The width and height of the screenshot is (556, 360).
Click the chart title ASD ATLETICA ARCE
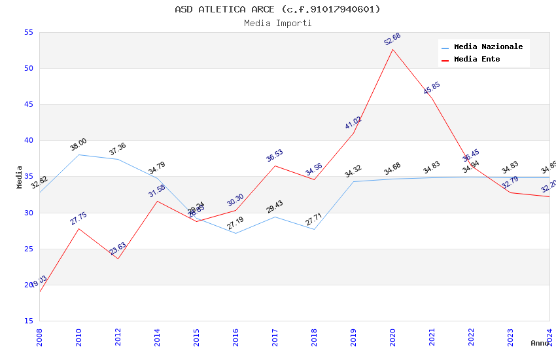(x=277, y=9)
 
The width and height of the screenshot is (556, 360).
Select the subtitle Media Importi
(x=277, y=23)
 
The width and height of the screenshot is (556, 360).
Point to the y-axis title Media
(x=20, y=177)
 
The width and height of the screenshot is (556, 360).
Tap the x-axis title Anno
(x=540, y=343)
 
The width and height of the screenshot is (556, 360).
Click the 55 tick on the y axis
(x=28, y=32)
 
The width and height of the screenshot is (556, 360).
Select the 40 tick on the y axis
(x=28, y=140)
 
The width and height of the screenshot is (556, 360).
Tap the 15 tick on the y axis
(x=28, y=321)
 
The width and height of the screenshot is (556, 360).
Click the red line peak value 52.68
(x=392, y=39)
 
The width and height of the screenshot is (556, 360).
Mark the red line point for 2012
(x=118, y=259)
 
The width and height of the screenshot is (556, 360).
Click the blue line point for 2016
(x=235, y=233)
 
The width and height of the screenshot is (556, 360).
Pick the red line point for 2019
(x=353, y=133)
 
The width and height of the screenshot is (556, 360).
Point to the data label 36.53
(x=275, y=156)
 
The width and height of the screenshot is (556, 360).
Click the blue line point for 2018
(x=314, y=229)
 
